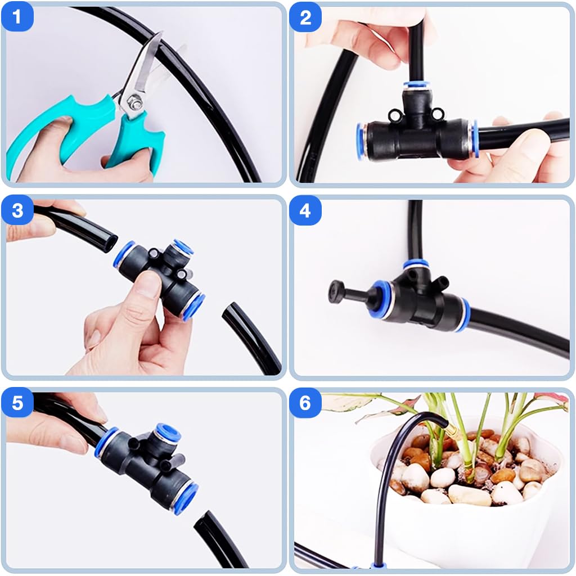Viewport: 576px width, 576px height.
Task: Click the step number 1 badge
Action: pos(17,17)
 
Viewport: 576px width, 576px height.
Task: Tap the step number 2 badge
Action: pos(305,17)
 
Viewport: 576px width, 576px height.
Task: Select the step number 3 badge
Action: pos(17,210)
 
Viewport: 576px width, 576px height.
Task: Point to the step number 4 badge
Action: pos(305,210)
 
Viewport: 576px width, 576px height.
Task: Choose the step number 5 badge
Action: pos(17,404)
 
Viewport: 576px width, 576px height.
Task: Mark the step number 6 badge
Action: pos(305,404)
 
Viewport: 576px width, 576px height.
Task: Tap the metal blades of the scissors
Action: pos(144,67)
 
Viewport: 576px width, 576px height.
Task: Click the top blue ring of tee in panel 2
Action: pos(416,86)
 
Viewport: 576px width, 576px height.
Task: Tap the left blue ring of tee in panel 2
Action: pos(360,141)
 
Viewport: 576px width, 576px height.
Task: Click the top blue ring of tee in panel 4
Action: pos(416,264)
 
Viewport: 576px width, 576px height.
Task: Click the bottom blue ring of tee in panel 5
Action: pos(186,498)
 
